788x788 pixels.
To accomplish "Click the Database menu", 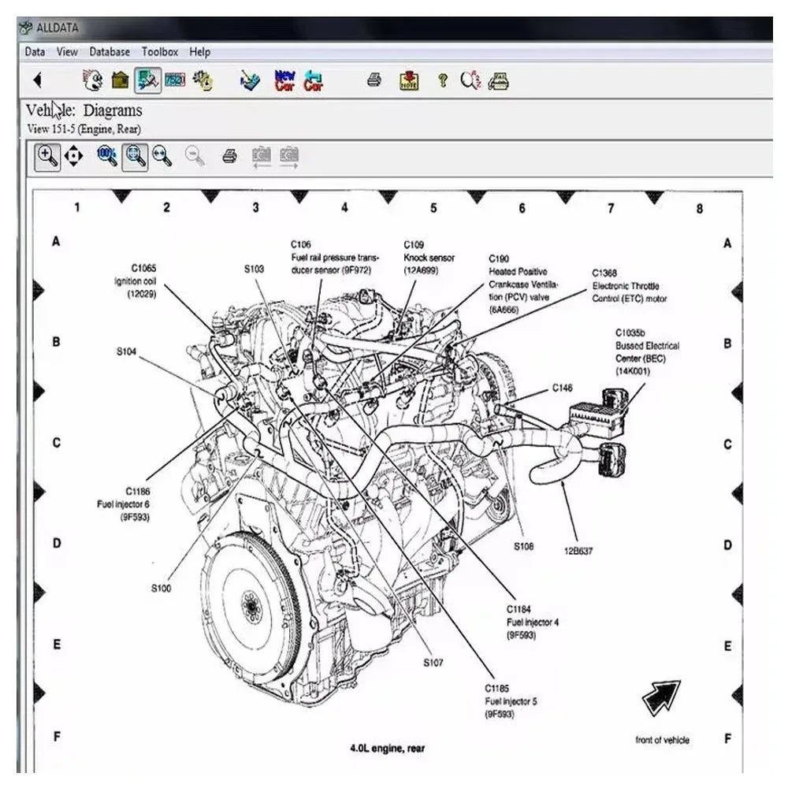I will click(110, 52).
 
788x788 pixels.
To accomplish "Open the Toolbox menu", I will click(160, 52).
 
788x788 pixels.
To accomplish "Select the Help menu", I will click(200, 52).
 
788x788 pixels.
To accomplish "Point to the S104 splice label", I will click(127, 351).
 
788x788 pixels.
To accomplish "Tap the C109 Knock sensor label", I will click(429, 258).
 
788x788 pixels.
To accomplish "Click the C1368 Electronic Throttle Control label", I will click(630, 286).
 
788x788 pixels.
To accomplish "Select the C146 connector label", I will click(562, 388).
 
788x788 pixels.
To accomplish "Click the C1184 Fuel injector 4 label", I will click(532, 622).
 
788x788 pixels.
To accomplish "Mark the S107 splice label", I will click(433, 663).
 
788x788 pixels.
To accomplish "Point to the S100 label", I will click(161, 588).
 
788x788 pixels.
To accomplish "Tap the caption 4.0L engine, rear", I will click(387, 748).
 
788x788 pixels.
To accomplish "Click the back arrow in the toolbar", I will click(37, 80).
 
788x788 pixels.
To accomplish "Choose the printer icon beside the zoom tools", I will click(229, 156).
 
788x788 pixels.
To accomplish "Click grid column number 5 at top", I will click(433, 208).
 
